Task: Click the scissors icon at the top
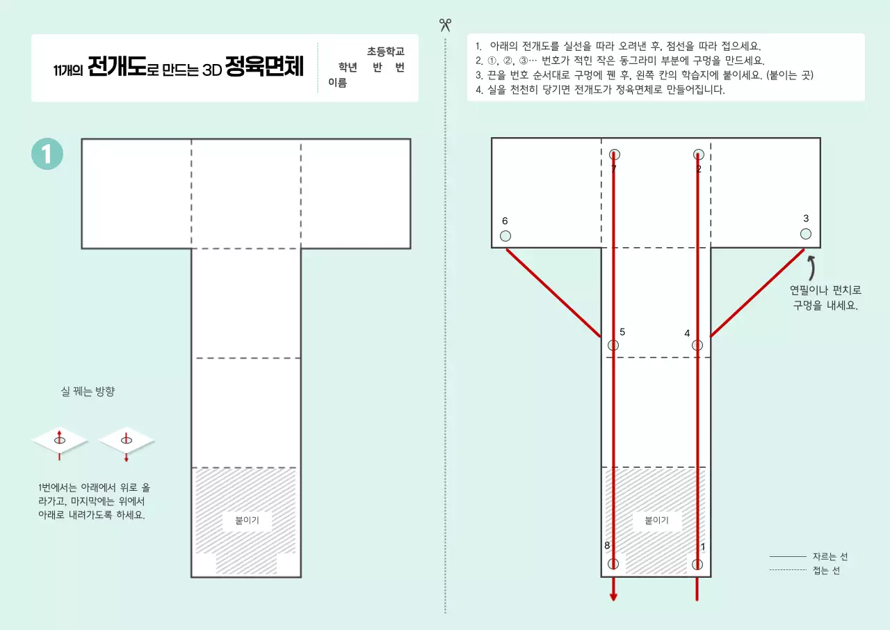[x=445, y=25]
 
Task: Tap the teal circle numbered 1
[x=47, y=154]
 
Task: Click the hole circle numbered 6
[x=505, y=236]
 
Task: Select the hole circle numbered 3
[x=805, y=234]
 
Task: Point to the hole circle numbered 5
[x=613, y=345]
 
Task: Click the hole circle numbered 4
[x=697, y=345]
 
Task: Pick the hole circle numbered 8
[x=613, y=564]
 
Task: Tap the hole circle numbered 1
[x=697, y=564]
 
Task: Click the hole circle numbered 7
[x=614, y=155]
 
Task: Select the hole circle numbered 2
[x=698, y=155]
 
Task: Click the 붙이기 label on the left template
[x=247, y=521]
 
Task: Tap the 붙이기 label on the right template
[x=656, y=521]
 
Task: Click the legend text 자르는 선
[x=830, y=557]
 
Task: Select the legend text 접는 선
[x=826, y=570]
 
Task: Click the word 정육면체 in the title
[x=264, y=68]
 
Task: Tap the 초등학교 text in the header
[x=386, y=52]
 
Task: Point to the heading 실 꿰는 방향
[x=88, y=392]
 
